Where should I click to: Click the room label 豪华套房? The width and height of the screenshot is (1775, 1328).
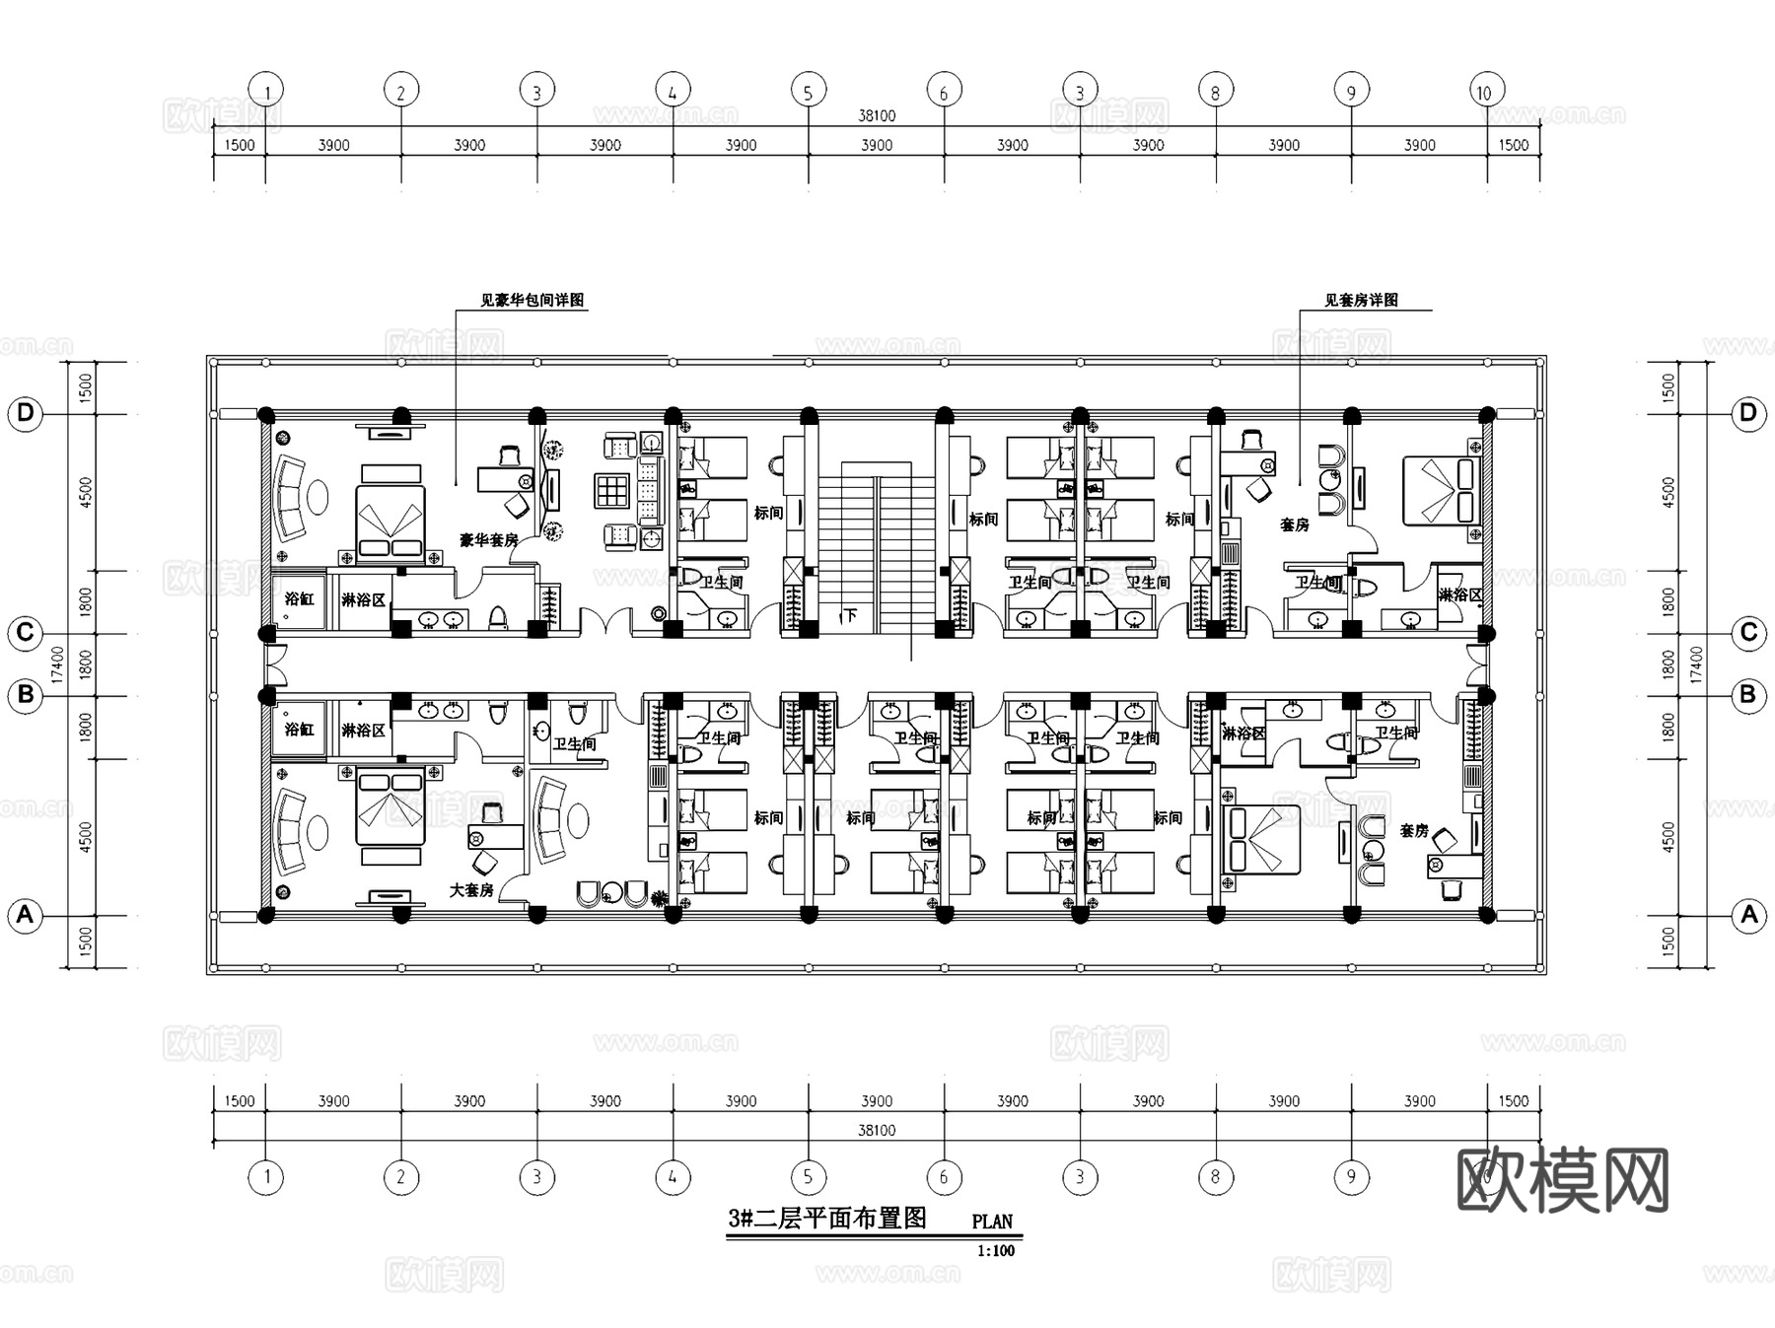click(488, 540)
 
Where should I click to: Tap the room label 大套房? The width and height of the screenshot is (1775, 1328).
click(471, 890)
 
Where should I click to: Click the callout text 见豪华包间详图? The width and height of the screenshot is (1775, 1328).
click(532, 300)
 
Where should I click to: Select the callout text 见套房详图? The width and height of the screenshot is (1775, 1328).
click(1361, 300)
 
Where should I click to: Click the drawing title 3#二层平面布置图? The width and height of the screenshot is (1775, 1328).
click(827, 1219)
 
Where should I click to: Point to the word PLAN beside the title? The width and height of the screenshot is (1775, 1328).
click(992, 1222)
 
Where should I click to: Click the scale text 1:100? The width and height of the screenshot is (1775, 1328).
click(995, 1251)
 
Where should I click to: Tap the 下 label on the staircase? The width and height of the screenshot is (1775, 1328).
click(849, 616)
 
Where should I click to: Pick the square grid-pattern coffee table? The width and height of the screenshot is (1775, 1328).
click(611, 490)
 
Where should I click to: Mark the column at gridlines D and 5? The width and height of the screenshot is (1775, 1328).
click(809, 415)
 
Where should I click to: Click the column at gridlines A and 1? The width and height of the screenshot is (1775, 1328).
click(266, 915)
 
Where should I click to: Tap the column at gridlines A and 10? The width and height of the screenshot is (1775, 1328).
click(1487, 915)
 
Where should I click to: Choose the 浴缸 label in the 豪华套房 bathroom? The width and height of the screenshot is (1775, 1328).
click(299, 598)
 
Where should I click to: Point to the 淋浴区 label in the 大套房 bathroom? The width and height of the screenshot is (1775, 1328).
click(363, 731)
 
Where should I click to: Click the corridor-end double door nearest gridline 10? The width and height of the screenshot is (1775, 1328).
click(1476, 664)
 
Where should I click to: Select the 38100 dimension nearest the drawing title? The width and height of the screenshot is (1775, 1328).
click(877, 1130)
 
